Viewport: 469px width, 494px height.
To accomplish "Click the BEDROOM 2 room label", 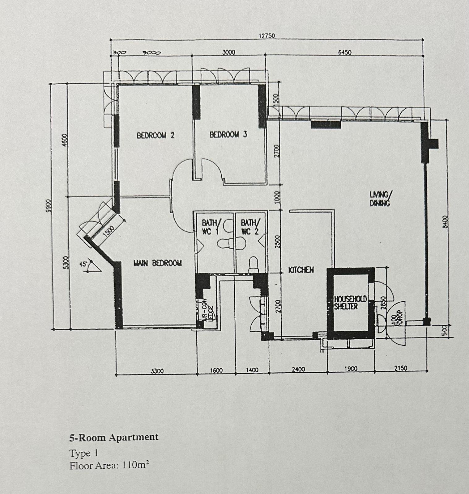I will (x=156, y=135).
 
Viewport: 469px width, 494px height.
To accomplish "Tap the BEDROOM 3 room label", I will (x=228, y=135).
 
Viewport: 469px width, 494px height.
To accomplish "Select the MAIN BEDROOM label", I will (x=158, y=263).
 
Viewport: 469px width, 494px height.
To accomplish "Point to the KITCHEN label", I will (x=301, y=270).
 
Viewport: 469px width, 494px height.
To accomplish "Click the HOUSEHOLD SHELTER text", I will (x=350, y=303).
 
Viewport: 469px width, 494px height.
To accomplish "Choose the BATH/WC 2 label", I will (x=249, y=227).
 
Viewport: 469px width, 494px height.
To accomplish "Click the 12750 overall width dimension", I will (x=266, y=36).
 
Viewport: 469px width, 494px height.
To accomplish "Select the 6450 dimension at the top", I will (x=345, y=52).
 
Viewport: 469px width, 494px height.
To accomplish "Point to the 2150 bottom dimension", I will (x=401, y=368).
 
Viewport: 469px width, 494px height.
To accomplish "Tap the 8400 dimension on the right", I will (x=445, y=221).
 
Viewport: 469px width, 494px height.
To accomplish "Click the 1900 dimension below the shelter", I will (x=351, y=369).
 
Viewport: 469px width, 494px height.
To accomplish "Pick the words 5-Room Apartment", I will (x=114, y=437).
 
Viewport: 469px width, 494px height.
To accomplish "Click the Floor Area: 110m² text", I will (x=109, y=465).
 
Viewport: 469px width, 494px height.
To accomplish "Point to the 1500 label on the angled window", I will (x=109, y=231).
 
